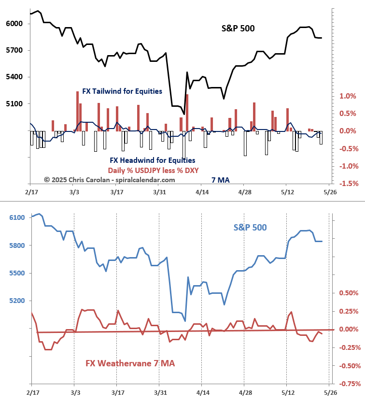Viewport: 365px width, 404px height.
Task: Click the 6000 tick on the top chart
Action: [14, 24]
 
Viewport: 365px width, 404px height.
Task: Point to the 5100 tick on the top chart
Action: [14, 103]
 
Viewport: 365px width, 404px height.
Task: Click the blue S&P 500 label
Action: [250, 227]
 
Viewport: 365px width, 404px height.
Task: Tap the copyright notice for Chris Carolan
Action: [109, 180]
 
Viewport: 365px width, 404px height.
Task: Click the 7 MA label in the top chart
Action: [221, 180]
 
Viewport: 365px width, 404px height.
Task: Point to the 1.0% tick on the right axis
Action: [348, 96]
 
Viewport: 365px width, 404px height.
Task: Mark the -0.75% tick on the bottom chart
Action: [348, 384]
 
